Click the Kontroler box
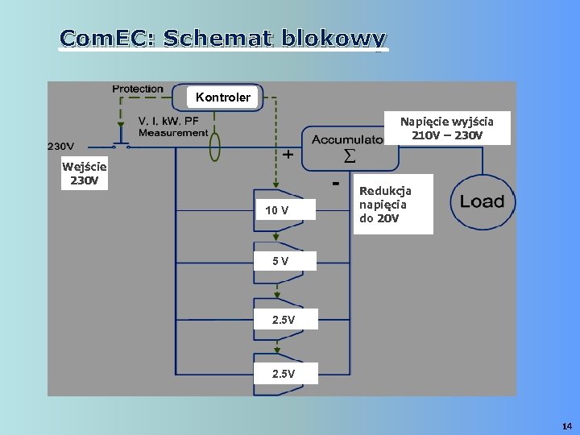point(223,97)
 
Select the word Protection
point(138,89)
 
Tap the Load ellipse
point(482,201)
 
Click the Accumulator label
point(348,139)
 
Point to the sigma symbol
point(350,155)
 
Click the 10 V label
point(276,211)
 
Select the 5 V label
point(280,261)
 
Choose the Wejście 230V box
point(85,173)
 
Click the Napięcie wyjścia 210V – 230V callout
point(448,127)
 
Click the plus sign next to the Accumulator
point(287,155)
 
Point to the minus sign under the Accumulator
point(334,184)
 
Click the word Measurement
point(173,133)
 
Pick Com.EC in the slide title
point(107,38)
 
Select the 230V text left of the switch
point(61,147)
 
